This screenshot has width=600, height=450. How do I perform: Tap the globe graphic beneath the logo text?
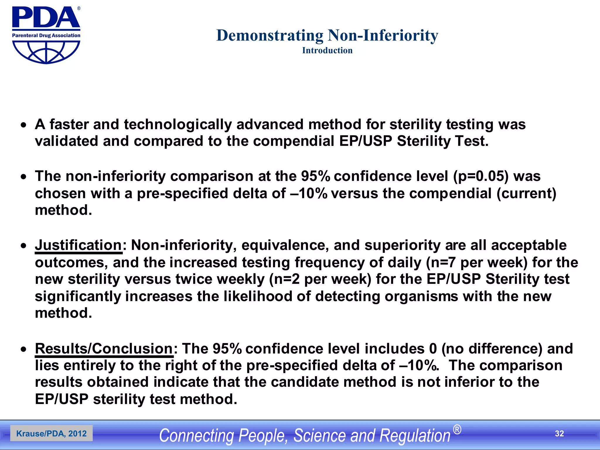[x=46, y=52]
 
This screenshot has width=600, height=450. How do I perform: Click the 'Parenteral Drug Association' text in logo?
[x=46, y=35]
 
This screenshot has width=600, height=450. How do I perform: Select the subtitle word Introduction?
[x=327, y=50]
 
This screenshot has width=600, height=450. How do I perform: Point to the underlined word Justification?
[x=78, y=245]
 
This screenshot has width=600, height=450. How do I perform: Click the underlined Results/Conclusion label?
[x=104, y=349]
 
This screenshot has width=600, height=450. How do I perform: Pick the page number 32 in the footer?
[x=559, y=434]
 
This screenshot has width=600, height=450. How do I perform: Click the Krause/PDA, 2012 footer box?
[x=52, y=434]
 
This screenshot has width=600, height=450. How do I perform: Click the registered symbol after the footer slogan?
[x=457, y=430]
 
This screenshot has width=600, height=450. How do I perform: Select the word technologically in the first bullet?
[x=178, y=125]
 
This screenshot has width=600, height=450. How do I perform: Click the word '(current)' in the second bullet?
[x=526, y=193]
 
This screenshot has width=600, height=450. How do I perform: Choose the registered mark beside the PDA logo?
[x=79, y=8]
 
